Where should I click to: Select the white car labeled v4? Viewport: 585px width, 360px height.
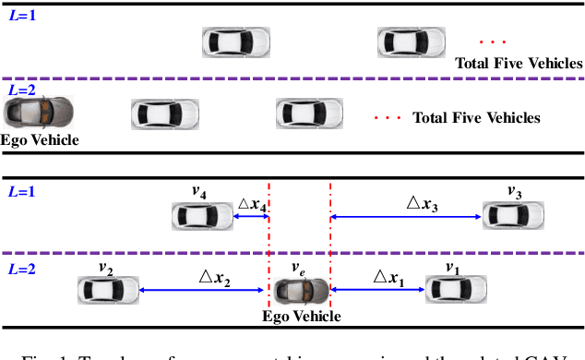pos(202,216)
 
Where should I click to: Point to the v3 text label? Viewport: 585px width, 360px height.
pos(514,192)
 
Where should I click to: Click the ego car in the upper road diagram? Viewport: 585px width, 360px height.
pos(37,113)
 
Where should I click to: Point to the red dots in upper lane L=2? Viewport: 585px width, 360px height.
pos(387,118)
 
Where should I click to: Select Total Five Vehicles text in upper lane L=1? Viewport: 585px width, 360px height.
pos(519,64)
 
